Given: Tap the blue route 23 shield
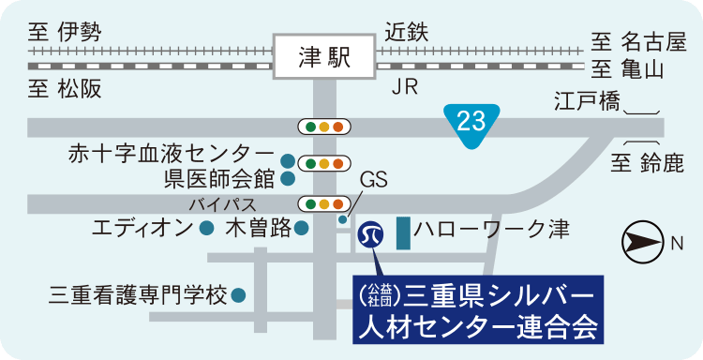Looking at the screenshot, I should (471, 120).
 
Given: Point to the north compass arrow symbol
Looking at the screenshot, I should (642, 244).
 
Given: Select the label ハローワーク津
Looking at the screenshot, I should (492, 228).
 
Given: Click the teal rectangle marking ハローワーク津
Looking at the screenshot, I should (403, 233).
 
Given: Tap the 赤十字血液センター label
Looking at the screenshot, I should (172, 153).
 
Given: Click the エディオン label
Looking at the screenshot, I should (142, 228).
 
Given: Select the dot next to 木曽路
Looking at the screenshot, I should (301, 228).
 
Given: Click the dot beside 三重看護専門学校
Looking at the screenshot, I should (239, 295).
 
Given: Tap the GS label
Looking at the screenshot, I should (373, 180).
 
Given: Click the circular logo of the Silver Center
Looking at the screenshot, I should (372, 233).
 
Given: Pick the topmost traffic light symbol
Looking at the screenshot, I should (323, 126).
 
